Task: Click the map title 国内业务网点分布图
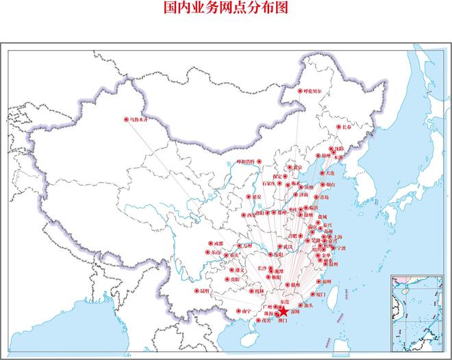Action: (x=226, y=8)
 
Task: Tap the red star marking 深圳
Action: (x=284, y=311)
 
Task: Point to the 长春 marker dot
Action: (x=338, y=127)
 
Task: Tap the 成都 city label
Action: (x=218, y=244)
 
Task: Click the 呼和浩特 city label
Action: (x=244, y=162)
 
